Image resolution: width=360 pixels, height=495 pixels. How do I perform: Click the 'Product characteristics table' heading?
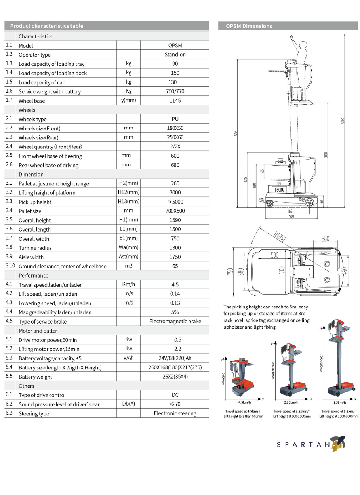coord(47,26)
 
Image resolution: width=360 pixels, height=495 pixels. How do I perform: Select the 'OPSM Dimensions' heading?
coord(249,26)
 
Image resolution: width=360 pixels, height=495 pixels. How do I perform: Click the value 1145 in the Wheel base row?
coord(175,101)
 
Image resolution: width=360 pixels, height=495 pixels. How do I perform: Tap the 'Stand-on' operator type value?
coord(175,55)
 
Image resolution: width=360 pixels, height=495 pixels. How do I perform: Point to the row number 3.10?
coord(10,266)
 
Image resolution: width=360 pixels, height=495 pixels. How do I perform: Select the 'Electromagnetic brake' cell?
coord(175,321)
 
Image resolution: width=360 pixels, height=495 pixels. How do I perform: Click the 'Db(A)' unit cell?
coord(128,404)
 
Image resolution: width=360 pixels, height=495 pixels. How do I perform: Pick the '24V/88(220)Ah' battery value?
coord(175,358)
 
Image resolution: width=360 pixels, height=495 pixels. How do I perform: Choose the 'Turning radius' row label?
coord(35,248)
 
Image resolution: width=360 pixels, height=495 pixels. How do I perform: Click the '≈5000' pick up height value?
coord(175,202)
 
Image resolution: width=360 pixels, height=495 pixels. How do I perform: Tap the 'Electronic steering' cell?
coord(175,413)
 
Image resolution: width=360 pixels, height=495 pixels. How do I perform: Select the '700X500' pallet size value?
coord(175,211)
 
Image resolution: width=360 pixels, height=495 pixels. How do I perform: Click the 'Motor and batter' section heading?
coord(38,331)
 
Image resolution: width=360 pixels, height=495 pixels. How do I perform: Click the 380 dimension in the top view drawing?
coord(326,238)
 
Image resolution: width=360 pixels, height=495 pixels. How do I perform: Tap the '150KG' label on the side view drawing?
coord(280,190)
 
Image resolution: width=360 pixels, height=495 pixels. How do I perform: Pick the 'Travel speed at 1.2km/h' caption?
coord(339,411)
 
